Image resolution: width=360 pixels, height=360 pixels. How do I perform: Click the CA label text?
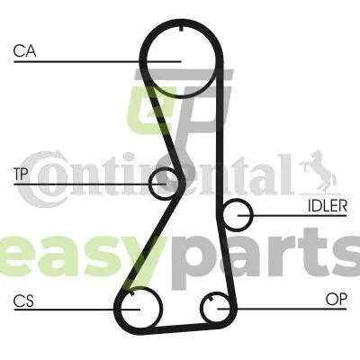coord(24,50)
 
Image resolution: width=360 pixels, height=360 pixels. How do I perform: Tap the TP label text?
coord(21,174)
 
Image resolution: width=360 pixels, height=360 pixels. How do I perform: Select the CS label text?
coord(23,301)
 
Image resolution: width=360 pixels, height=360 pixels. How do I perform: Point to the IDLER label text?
coord(328,206)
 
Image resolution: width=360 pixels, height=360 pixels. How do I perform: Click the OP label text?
coord(336,299)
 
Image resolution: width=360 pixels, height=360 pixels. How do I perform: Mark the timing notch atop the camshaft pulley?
coord(181,29)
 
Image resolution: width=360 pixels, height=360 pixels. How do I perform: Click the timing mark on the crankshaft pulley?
coord(132,293)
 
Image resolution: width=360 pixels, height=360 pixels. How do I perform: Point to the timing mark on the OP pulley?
coord(211,299)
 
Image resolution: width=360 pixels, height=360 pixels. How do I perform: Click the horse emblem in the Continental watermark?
coord(319,170)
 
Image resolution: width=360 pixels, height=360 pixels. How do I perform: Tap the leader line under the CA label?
coord(97,62)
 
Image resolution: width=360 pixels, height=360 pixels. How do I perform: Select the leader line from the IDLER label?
coord(292,215)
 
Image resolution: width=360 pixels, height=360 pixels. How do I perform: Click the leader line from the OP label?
coord(282,309)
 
